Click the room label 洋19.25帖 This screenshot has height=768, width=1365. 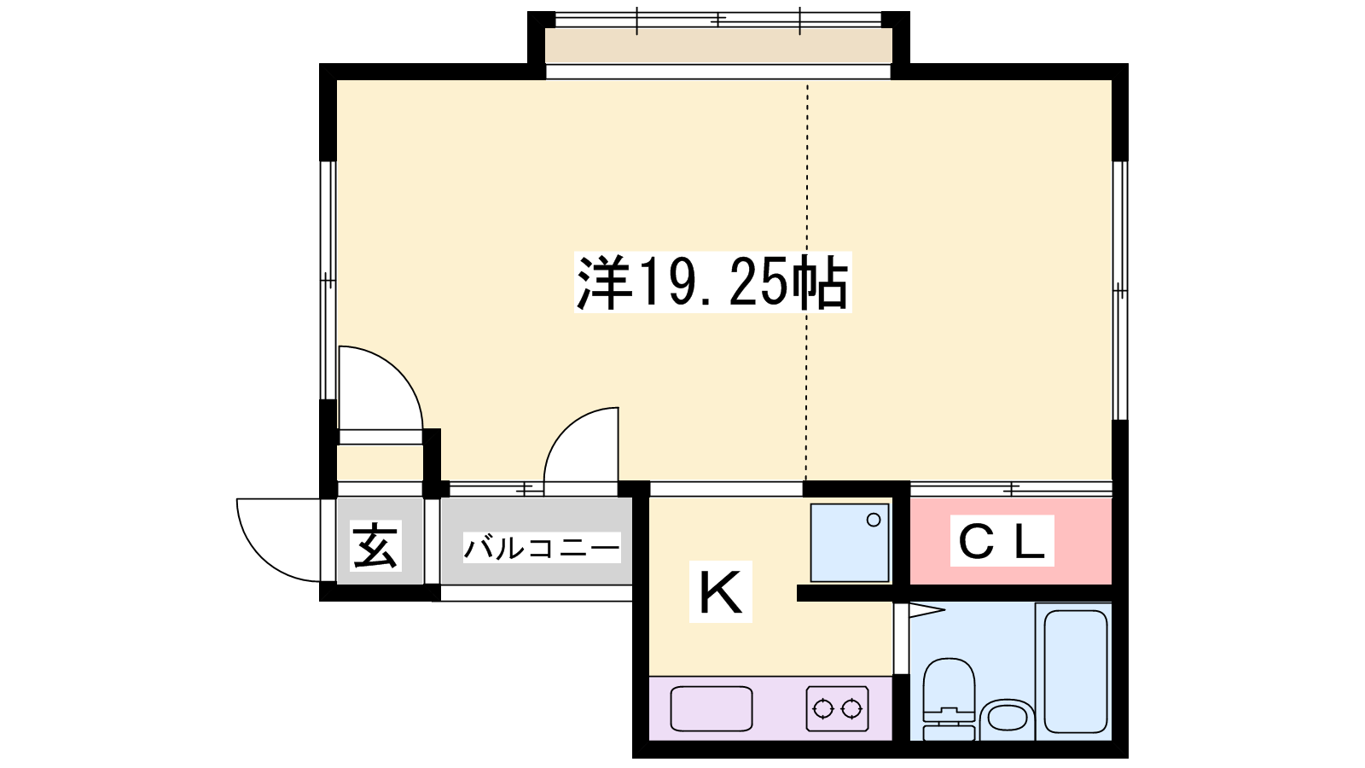point(712,282)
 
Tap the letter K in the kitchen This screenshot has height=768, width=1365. point(720,592)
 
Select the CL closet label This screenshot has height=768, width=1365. point(1002,541)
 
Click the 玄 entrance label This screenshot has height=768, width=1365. point(375,545)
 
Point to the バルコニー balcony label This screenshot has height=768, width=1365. point(542,547)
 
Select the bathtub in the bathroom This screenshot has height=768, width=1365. point(1076,671)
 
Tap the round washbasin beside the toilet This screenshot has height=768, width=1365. point(1008,719)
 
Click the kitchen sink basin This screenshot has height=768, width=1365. point(712,708)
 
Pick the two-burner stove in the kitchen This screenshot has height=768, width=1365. point(837,708)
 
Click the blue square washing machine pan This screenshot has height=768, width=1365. point(850,543)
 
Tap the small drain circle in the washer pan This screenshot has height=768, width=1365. point(874,520)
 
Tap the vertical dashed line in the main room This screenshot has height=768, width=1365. point(807,282)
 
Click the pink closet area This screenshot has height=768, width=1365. point(1011,541)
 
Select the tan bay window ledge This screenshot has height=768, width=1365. point(718,45)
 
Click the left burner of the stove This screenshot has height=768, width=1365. point(822,709)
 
